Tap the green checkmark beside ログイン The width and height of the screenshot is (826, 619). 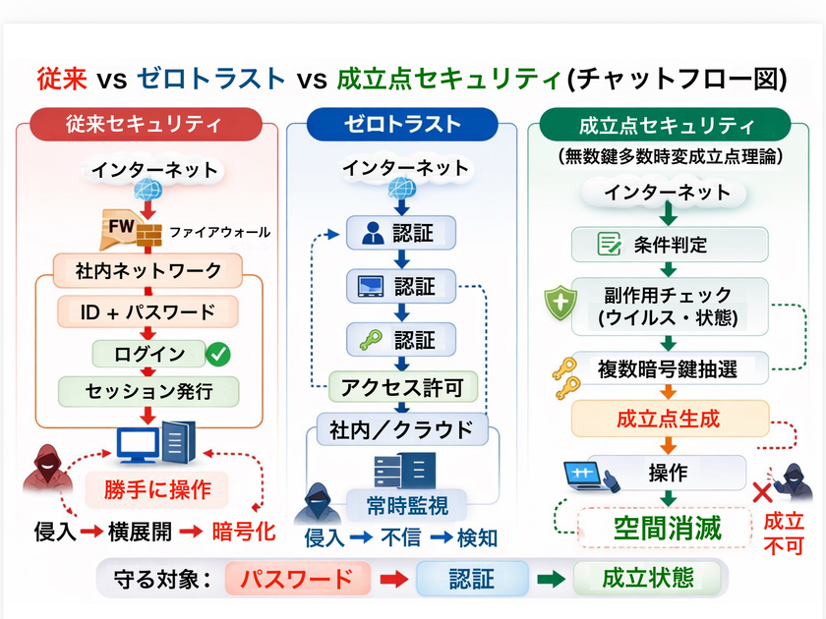pyautogui.click(x=217, y=353)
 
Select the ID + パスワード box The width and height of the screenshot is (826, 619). pyautogui.click(x=148, y=313)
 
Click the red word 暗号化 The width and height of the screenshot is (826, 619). pyautogui.click(x=244, y=533)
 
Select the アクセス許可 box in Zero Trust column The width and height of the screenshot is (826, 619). pyautogui.click(x=403, y=385)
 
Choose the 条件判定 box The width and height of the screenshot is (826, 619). pyautogui.click(x=668, y=245)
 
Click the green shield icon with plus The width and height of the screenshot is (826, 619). pyautogui.click(x=560, y=305)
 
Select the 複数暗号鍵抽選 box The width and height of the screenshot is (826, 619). pyautogui.click(x=669, y=369)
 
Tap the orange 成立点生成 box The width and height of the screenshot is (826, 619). pyautogui.click(x=668, y=419)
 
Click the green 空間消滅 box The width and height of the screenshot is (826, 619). pyautogui.click(x=668, y=528)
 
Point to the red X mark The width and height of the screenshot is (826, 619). pyautogui.click(x=760, y=492)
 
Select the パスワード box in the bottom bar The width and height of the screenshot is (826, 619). pyautogui.click(x=297, y=578)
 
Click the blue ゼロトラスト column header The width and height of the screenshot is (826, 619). pyautogui.click(x=402, y=124)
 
